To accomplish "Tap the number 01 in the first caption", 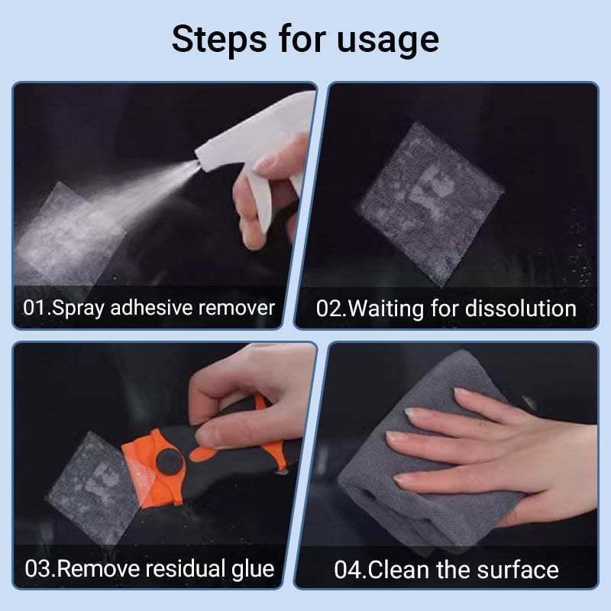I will coord(34,308).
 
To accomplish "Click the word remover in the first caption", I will coord(238,308).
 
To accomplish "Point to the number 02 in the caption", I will coord(330,308).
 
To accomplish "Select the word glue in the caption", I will coord(251,569).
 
